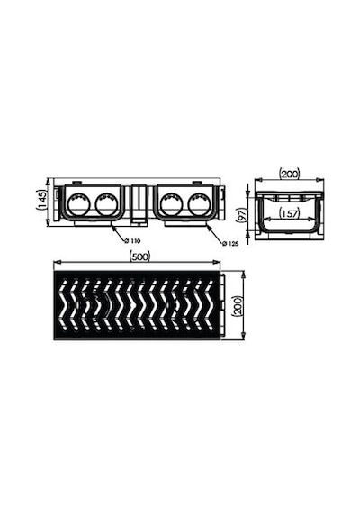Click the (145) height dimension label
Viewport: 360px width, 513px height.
tap(42, 200)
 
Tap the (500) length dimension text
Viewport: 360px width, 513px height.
tap(139, 256)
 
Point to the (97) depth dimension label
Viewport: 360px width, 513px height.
tap(241, 214)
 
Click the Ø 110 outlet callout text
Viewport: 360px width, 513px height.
tap(132, 241)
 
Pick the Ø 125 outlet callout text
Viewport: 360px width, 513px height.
tap(230, 243)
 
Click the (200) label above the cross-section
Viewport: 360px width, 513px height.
tap(290, 174)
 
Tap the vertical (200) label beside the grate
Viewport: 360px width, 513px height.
tap(237, 306)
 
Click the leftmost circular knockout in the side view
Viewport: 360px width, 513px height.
tap(77, 203)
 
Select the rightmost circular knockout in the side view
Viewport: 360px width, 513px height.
tap(197, 202)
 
